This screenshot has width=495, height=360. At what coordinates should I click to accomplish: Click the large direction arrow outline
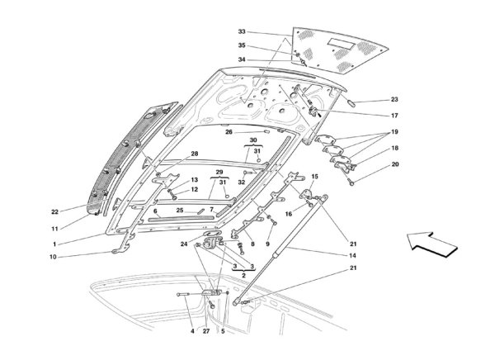(431, 244)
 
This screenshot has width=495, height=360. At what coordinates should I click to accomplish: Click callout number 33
(242, 31)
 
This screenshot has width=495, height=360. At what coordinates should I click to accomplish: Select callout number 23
(394, 100)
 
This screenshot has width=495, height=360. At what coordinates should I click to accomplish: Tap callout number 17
(394, 116)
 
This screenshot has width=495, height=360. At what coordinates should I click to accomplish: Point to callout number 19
(394, 132)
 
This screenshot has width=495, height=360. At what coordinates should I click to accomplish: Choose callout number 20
(395, 164)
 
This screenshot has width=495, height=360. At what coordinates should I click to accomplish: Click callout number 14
(352, 255)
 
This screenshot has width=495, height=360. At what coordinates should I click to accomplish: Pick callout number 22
(55, 211)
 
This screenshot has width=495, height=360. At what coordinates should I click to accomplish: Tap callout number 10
(53, 257)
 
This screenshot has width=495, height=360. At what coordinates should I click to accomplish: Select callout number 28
(195, 154)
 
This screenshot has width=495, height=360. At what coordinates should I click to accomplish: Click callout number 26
(229, 132)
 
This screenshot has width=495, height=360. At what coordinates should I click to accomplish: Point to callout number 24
(184, 244)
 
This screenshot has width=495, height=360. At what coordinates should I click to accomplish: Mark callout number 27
(205, 332)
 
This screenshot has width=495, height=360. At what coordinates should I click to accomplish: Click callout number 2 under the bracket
(243, 275)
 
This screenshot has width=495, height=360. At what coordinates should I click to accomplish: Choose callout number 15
(315, 177)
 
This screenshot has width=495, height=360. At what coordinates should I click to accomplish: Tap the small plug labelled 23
(351, 103)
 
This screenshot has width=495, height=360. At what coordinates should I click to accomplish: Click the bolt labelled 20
(351, 182)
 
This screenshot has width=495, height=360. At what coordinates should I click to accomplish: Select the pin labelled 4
(183, 295)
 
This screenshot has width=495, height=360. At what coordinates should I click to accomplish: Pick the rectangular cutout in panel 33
(341, 43)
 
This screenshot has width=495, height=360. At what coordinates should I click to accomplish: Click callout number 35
(242, 45)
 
